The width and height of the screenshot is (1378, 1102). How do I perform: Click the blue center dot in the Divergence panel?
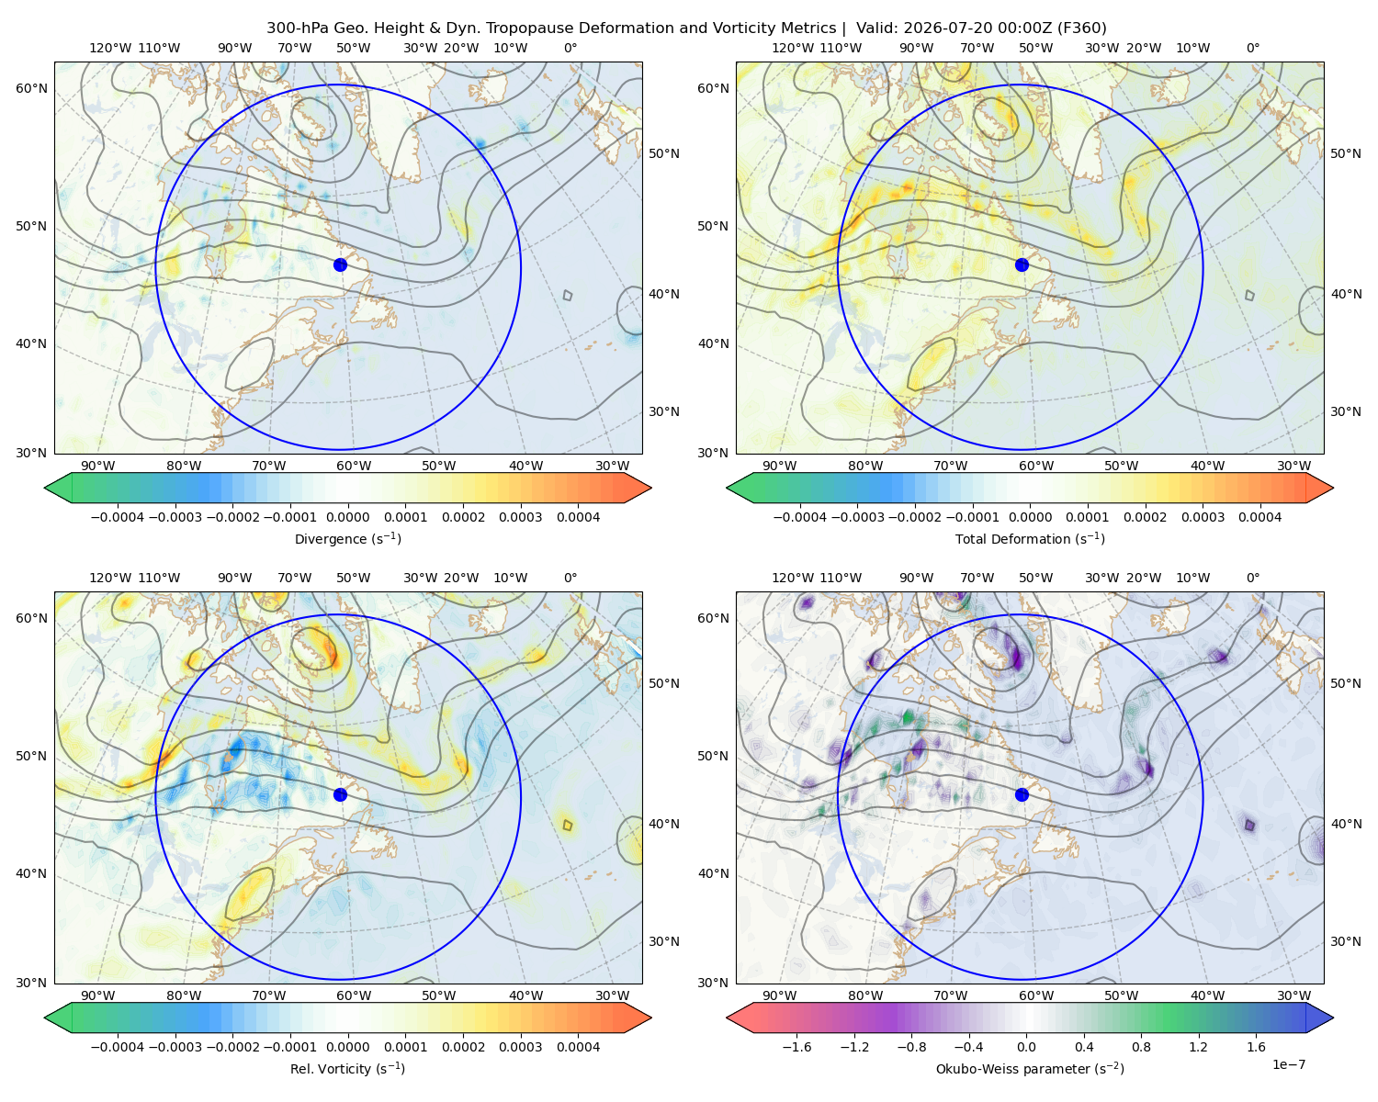(340, 264)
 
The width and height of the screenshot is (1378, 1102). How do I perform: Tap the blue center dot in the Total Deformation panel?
(1022, 264)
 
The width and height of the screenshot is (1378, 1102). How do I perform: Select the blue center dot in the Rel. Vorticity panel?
(340, 794)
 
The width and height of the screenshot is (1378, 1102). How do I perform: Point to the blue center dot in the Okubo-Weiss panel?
(1022, 794)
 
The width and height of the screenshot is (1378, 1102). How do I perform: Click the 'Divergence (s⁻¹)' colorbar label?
(347, 538)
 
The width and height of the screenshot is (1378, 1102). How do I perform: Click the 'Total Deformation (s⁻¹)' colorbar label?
(1030, 538)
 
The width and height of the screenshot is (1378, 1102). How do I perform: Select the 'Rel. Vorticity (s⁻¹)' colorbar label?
(347, 1068)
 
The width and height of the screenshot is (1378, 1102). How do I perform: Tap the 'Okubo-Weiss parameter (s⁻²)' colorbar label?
(1030, 1068)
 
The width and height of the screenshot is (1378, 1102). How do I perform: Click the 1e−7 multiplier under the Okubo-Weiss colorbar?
(1288, 1064)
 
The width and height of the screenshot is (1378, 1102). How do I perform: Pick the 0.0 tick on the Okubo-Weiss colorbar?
(1026, 1047)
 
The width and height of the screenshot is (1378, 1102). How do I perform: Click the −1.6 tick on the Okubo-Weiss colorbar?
(796, 1047)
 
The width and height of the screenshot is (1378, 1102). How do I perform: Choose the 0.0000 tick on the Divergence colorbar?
(347, 517)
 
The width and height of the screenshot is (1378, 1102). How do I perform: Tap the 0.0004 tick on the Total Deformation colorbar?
(1259, 517)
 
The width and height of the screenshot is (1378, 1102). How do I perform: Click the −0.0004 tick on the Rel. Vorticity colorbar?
(118, 1047)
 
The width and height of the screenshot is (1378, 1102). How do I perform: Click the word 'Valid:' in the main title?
(877, 28)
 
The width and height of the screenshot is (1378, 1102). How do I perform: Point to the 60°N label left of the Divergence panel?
(31, 88)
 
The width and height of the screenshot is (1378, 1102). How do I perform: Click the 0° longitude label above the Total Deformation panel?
(1252, 48)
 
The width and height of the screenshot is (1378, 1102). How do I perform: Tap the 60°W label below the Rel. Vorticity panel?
(354, 995)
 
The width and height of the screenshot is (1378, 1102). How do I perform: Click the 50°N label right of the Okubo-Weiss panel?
(1347, 683)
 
